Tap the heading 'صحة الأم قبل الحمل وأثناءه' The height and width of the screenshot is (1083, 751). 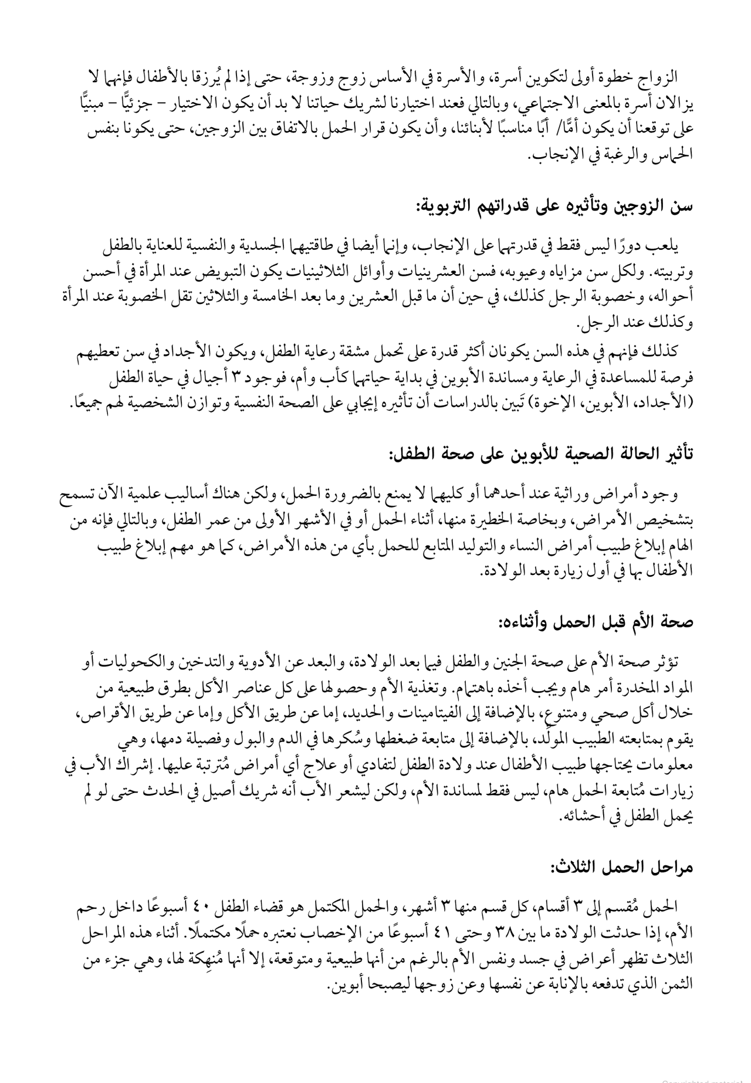596,621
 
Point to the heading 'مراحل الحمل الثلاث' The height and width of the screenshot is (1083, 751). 622,868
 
